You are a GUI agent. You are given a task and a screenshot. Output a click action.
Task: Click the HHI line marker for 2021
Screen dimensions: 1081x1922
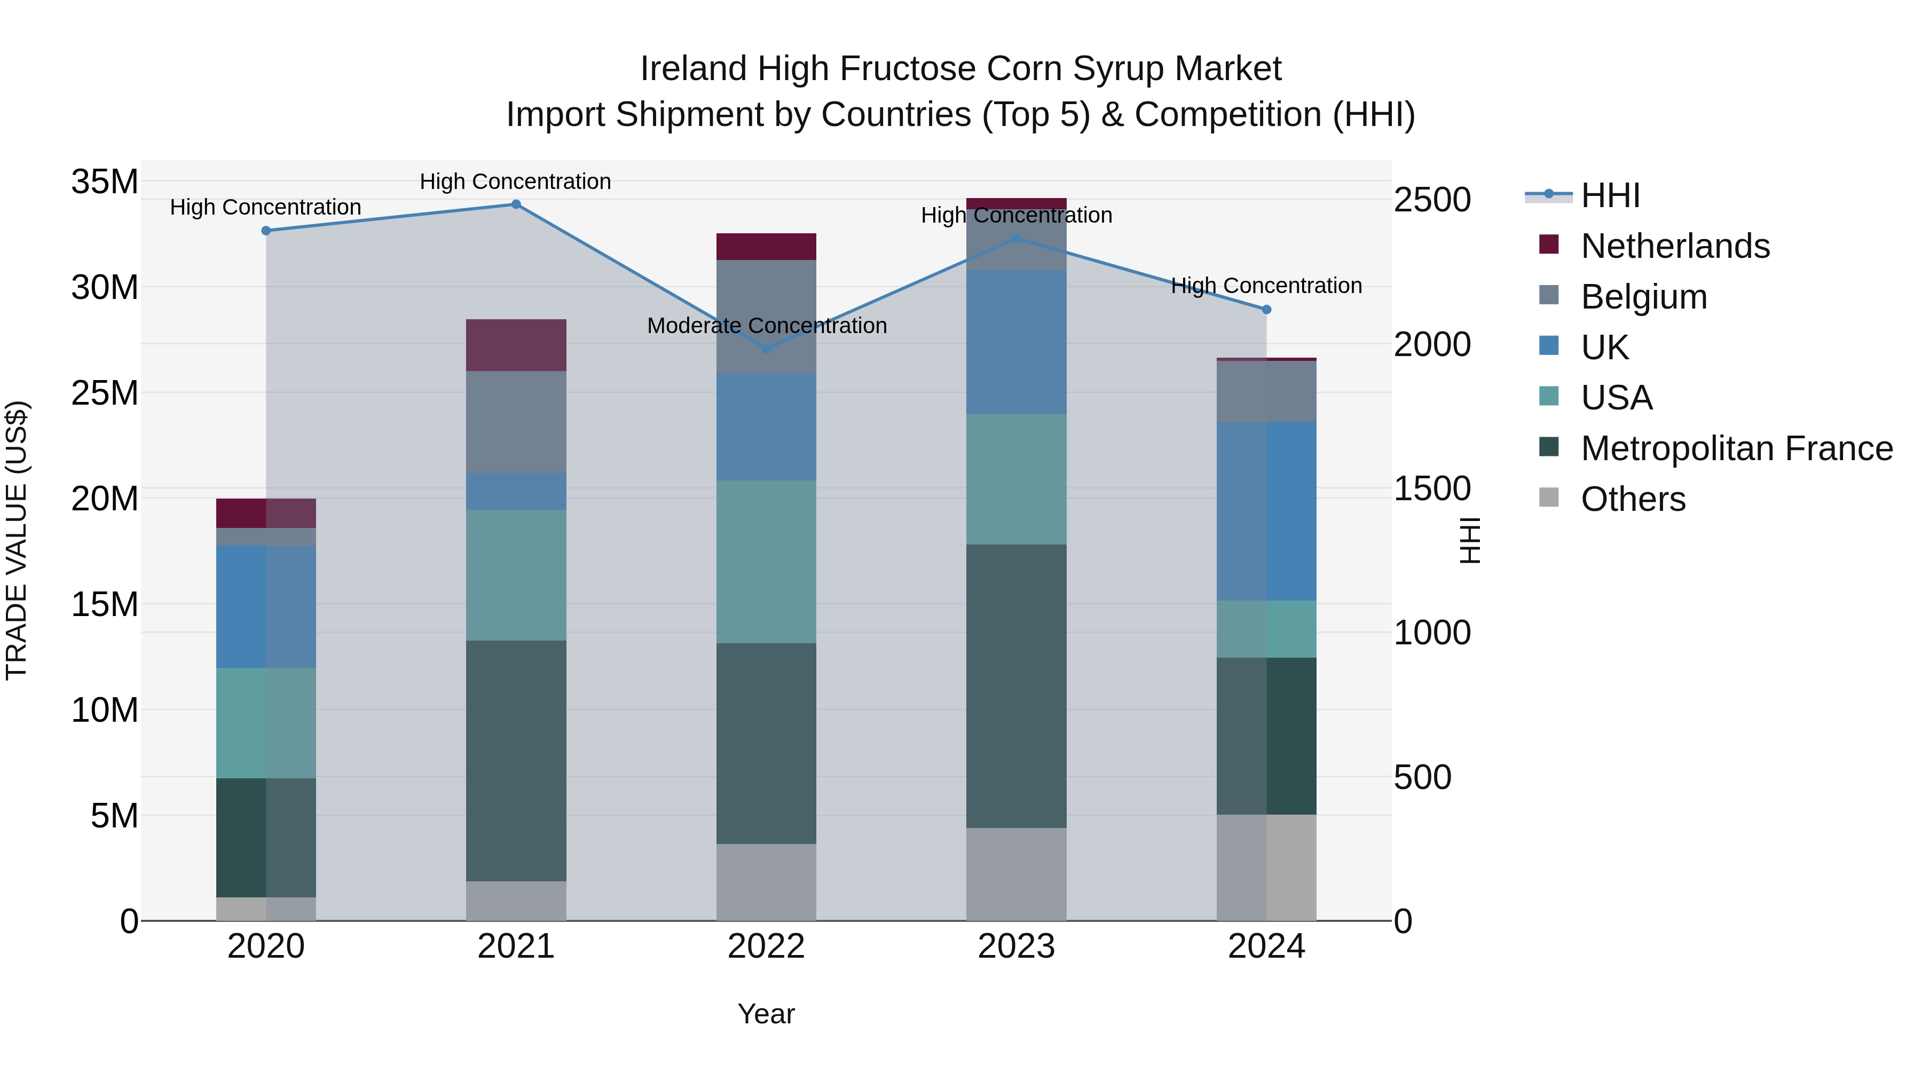[516, 204]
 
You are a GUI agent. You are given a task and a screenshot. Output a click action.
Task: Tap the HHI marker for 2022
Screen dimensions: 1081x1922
[766, 349]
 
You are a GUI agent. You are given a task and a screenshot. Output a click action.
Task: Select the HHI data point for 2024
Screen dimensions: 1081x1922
[1266, 310]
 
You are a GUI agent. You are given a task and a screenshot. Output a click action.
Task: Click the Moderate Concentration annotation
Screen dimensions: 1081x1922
[766, 326]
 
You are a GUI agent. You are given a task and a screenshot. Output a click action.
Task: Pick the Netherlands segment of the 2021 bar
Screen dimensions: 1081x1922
[516, 345]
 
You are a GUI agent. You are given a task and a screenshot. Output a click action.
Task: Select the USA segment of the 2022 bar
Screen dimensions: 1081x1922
[766, 562]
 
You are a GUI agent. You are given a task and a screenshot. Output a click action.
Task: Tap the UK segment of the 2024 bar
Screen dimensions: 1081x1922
[1266, 511]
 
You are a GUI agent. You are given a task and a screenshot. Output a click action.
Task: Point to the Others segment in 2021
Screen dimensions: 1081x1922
[516, 901]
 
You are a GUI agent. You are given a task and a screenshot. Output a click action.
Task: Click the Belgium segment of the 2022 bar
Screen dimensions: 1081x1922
[766, 317]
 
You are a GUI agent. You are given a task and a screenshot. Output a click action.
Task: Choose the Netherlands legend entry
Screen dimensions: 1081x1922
[1674, 246]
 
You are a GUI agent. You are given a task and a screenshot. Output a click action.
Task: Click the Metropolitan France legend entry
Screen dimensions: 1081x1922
[1736, 448]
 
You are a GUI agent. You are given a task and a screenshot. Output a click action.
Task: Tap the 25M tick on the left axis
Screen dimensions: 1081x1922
[105, 393]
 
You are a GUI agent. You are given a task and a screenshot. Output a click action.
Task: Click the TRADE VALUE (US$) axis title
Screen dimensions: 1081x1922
[17, 540]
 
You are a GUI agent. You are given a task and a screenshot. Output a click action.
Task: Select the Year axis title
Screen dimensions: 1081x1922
[766, 1014]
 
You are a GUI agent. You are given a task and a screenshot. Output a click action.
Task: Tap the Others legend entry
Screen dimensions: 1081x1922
[1633, 499]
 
